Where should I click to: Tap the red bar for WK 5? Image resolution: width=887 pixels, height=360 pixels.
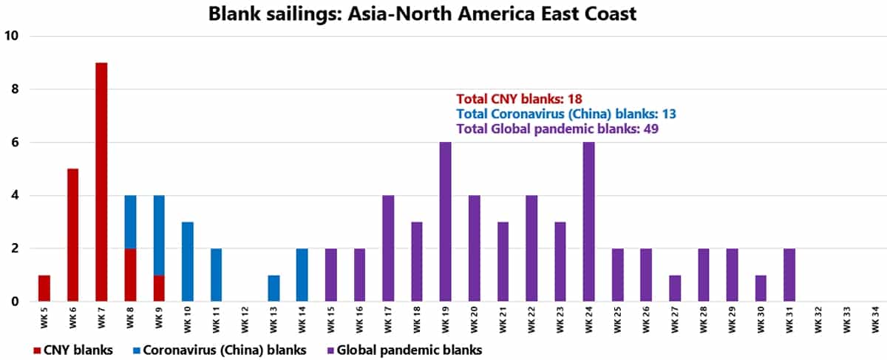pos(44,288)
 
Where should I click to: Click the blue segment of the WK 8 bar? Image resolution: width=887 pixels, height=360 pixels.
pos(130,222)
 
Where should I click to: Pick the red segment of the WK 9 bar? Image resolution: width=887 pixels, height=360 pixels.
pos(159,288)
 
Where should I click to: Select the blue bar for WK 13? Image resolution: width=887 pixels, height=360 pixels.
pos(273,288)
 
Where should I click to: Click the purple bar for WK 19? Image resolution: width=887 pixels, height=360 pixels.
pos(445,222)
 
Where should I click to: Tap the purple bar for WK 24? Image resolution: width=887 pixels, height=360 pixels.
pos(589,222)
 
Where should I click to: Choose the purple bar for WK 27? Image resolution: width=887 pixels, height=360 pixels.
pos(675,288)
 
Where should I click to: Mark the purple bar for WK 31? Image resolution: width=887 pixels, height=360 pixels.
pos(789,275)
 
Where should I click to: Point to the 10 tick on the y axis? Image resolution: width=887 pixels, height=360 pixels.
pos(13,35)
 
